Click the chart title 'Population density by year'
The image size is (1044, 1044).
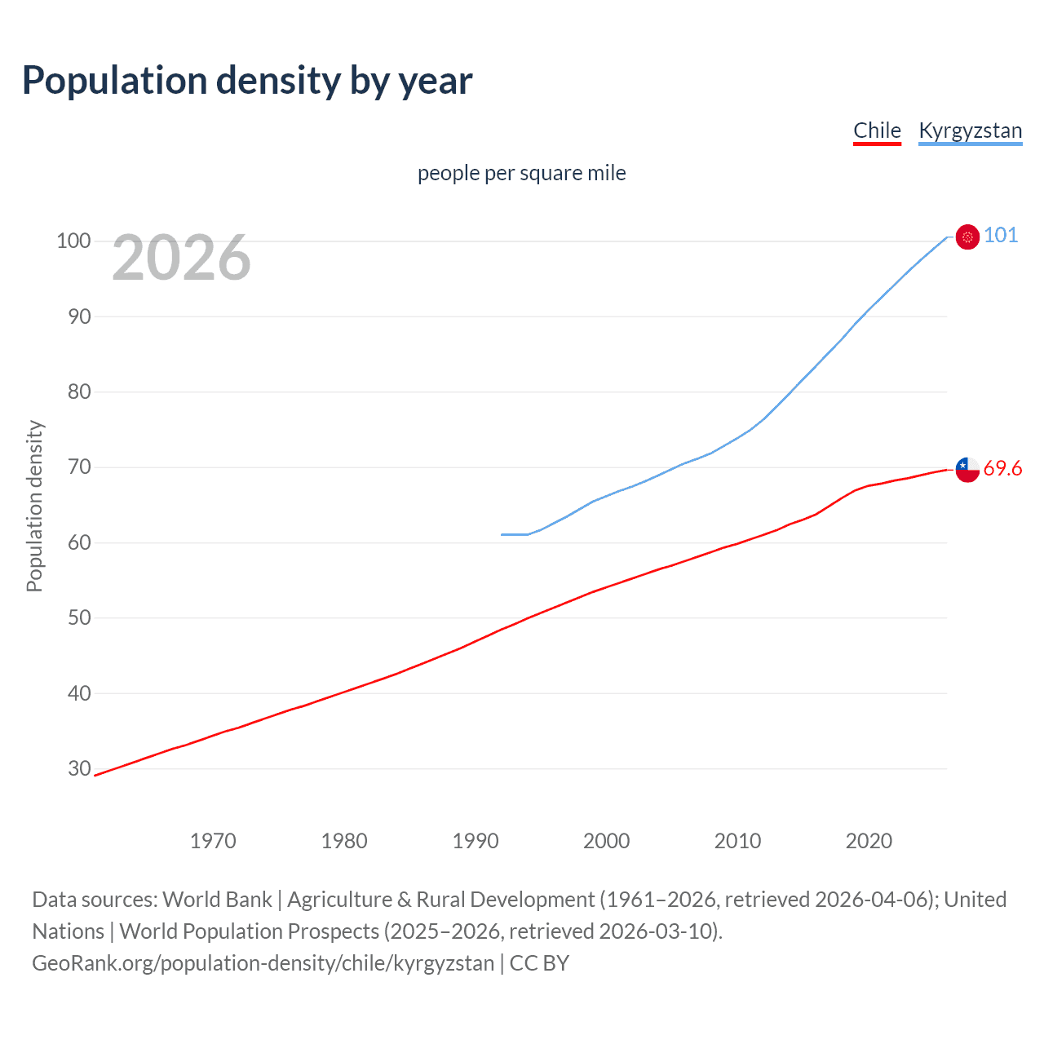click(x=247, y=81)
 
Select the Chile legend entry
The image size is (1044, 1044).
click(x=877, y=130)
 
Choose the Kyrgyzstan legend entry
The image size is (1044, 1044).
click(x=970, y=130)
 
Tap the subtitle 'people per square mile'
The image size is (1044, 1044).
click(x=522, y=173)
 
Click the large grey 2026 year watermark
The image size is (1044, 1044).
click(x=181, y=258)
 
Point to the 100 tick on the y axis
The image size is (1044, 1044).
click(x=73, y=241)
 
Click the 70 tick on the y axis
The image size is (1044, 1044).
click(x=78, y=467)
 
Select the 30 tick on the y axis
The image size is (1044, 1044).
click(x=78, y=768)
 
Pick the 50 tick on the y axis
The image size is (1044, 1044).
click(x=78, y=617)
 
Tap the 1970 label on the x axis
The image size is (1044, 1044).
click(x=213, y=841)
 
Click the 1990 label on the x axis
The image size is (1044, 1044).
click(x=476, y=841)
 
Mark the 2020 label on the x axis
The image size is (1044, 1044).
click(x=869, y=841)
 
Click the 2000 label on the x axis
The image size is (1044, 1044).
click(x=607, y=841)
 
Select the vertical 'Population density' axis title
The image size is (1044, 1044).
click(x=34, y=506)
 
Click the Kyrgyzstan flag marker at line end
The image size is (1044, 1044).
click(x=967, y=237)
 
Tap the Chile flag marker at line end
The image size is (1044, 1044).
click(x=967, y=469)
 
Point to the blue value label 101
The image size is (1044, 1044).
click(x=1001, y=236)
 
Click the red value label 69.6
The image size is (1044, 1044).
click(x=1002, y=468)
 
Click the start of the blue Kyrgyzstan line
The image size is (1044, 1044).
click(x=502, y=534)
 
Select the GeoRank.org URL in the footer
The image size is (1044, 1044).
click(x=263, y=963)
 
